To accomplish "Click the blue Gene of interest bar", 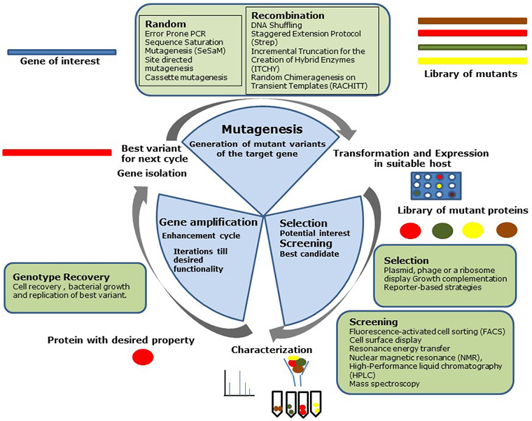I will click(x=61, y=52).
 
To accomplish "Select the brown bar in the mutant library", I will click(x=471, y=21).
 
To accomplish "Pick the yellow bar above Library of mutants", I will click(x=471, y=61).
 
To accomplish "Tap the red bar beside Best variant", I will click(x=57, y=152).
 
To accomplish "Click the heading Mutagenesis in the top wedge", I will click(x=262, y=130).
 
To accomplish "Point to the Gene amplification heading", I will click(x=202, y=222).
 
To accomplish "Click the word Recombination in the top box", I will click(x=287, y=15).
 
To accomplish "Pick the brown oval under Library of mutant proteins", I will click(x=506, y=229).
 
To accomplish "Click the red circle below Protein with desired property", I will click(x=143, y=357).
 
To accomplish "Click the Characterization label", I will click(x=272, y=349).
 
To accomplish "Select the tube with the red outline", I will click(x=303, y=403).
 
